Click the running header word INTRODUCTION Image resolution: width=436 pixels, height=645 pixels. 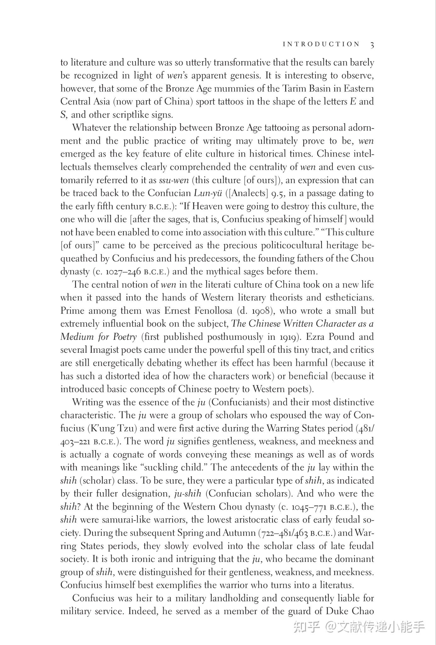[321, 44]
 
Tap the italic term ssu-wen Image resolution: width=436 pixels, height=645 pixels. [174, 180]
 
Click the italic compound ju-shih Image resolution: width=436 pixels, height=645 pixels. [188, 494]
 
